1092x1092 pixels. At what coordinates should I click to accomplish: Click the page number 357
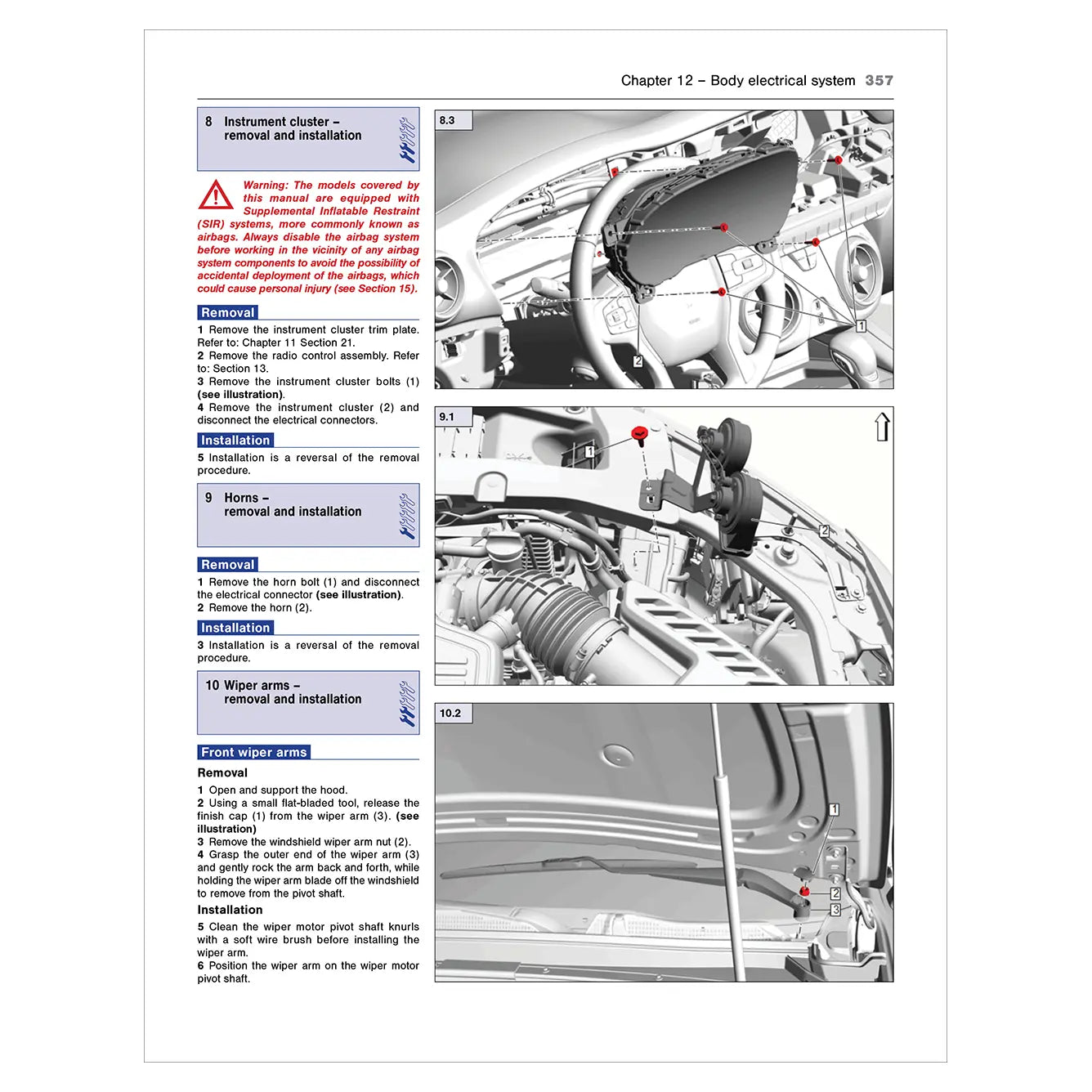(879, 80)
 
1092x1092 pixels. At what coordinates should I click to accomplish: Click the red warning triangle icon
(216, 195)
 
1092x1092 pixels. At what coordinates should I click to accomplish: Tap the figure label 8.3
(447, 120)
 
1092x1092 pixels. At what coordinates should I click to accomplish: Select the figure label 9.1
(447, 417)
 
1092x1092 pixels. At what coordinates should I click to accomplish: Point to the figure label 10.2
(450, 714)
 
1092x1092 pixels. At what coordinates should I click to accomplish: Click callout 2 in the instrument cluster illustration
(638, 361)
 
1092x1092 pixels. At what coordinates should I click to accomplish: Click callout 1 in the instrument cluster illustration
(860, 326)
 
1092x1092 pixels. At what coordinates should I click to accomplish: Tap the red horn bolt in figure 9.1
(640, 434)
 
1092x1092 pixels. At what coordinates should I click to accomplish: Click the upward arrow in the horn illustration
(882, 427)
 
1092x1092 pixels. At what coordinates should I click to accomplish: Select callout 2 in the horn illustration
(824, 531)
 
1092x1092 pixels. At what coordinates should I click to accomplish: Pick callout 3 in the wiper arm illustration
(835, 910)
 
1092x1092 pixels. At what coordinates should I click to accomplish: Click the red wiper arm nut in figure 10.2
(804, 891)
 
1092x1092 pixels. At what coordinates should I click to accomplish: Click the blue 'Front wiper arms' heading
(254, 753)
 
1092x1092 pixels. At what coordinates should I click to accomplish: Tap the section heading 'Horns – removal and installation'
(292, 504)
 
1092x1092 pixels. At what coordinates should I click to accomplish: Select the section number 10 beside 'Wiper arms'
(213, 686)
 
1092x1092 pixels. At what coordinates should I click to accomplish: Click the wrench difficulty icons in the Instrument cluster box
(407, 139)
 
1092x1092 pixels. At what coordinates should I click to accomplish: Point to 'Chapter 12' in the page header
(656, 80)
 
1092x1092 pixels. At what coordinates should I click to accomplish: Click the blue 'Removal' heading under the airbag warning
(228, 313)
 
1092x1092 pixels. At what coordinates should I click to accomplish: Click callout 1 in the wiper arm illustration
(834, 809)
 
